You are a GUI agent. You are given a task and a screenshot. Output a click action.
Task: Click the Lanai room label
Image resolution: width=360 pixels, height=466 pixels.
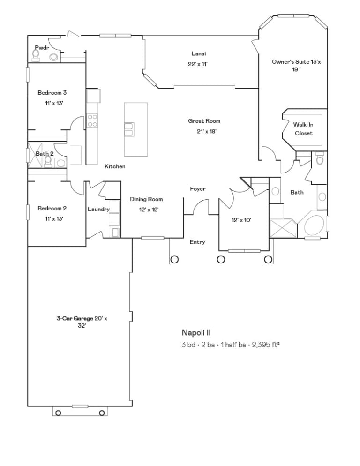pyautogui.click(x=199, y=54)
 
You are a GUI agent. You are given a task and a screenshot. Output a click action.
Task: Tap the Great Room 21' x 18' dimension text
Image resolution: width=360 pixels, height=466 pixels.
pyautogui.click(x=206, y=131)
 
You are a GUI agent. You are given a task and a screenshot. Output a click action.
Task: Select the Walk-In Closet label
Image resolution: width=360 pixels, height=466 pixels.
pyautogui.click(x=304, y=129)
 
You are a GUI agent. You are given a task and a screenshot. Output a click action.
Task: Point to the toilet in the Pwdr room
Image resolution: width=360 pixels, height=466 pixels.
pyautogui.click(x=36, y=55)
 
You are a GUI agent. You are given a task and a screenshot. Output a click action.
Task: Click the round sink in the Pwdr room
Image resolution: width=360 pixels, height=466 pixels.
pyautogui.click(x=53, y=57)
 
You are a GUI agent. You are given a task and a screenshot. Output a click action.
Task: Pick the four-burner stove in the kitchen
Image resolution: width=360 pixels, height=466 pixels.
pyautogui.click(x=92, y=120)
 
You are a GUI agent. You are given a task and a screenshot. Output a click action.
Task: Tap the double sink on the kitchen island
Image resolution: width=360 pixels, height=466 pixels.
pyautogui.click(x=129, y=129)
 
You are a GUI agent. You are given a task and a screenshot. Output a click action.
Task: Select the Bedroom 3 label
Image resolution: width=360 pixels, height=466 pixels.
pyautogui.click(x=52, y=93)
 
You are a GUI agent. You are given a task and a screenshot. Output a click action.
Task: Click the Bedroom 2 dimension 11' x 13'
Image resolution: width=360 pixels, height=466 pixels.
pyautogui.click(x=54, y=219)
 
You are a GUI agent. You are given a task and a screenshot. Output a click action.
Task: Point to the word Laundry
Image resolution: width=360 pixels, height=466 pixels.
pyautogui.click(x=99, y=210)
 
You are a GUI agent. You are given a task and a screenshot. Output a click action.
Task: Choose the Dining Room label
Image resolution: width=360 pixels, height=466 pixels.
pyautogui.click(x=146, y=199)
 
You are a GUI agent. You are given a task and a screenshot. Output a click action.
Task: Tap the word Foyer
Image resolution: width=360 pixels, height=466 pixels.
pyautogui.click(x=198, y=189)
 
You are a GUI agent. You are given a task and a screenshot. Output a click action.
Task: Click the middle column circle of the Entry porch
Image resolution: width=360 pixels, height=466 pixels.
pyautogui.click(x=221, y=259)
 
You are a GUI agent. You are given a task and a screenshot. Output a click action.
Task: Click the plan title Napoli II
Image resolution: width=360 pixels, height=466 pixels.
pyautogui.click(x=196, y=333)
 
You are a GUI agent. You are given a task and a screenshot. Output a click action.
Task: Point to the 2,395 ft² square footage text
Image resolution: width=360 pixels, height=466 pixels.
pyautogui.click(x=266, y=345)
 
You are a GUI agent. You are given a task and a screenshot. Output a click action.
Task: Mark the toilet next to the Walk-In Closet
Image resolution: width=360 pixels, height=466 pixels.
pyautogui.click(x=320, y=159)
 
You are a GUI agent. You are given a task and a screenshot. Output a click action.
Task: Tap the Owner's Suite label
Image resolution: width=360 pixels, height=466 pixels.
pyautogui.click(x=296, y=65)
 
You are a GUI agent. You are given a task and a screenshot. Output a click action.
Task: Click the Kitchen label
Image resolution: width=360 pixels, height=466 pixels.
pyautogui.click(x=115, y=166)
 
